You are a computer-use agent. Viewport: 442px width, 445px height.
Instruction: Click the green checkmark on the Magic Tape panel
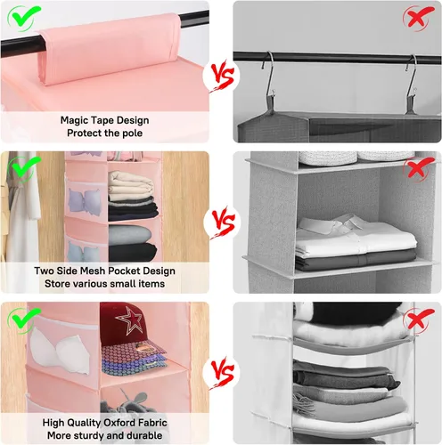(x=24, y=17)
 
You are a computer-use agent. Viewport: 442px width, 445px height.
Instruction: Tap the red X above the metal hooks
(x=419, y=18)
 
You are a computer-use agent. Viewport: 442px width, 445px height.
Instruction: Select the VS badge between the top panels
(x=221, y=76)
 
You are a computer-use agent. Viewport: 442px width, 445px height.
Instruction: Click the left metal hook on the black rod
(x=268, y=77)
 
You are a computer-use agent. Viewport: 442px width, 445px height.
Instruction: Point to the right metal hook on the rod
(x=412, y=79)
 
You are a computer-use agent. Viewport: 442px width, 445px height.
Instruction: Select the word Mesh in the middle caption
(x=91, y=271)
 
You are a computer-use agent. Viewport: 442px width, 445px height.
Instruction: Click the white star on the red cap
(x=130, y=320)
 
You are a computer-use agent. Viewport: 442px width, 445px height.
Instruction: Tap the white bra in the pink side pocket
(x=61, y=351)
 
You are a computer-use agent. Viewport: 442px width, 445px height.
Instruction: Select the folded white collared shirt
(x=356, y=236)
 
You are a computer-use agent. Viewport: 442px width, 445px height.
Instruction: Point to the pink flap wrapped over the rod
(x=110, y=49)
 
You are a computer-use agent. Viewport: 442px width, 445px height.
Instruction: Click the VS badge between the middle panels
(x=222, y=222)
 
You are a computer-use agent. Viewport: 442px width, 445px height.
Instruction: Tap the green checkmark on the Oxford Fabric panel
(x=24, y=320)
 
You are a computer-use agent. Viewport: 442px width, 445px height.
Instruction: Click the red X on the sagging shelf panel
(x=419, y=320)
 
